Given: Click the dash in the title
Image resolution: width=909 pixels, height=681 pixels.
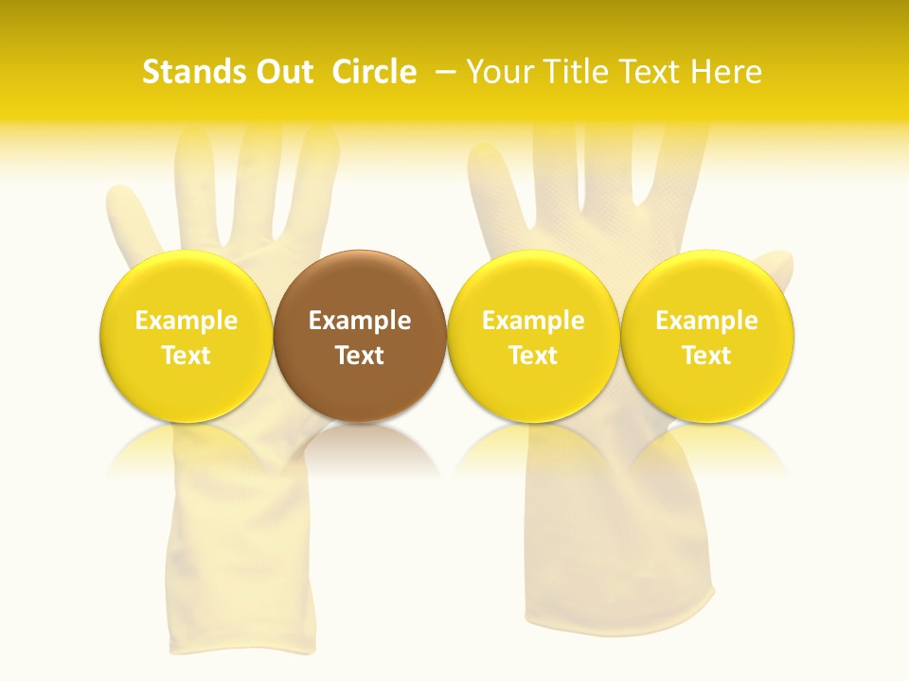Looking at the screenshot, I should (x=446, y=72).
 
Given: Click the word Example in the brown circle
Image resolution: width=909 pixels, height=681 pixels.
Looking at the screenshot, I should (x=360, y=321).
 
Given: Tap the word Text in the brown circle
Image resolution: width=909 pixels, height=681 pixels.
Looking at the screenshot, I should (x=360, y=356).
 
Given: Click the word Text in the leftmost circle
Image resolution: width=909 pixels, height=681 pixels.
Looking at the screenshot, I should (x=186, y=356).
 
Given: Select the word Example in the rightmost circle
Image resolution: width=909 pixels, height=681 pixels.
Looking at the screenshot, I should (x=707, y=321).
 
